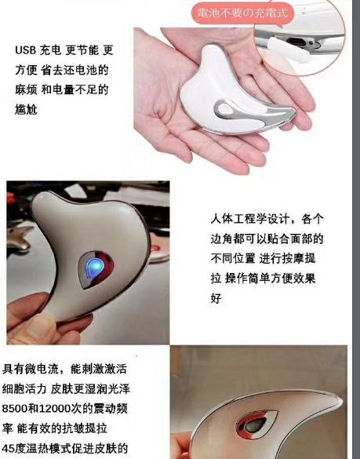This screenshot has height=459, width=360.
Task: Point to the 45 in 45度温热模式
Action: pos(12,450)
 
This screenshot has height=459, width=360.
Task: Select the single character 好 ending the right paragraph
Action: pos(216,299)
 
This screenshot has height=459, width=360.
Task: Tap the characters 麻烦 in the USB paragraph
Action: pos(27,90)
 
